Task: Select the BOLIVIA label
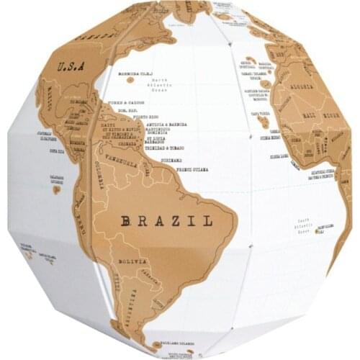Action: (135, 261)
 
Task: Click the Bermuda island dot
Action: (130, 80)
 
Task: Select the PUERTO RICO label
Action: (145, 116)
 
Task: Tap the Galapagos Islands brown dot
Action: (55, 189)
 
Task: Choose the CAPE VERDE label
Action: (259, 114)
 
